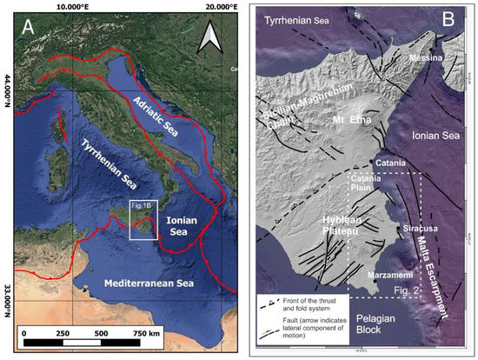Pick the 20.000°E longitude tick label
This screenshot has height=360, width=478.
click(x=197, y=5)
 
